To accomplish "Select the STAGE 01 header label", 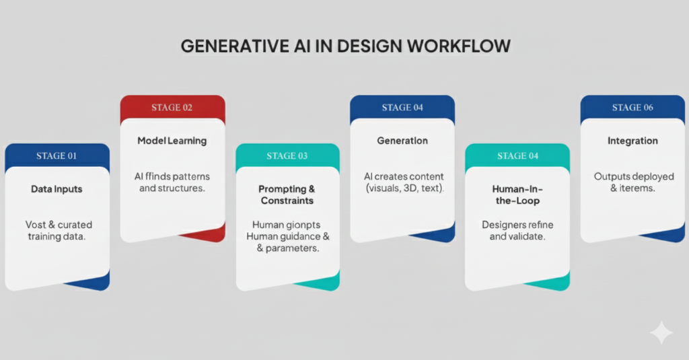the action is [57, 156].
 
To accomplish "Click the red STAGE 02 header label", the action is [172, 108].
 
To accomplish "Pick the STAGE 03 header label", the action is [287, 156].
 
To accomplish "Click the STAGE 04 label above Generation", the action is [402, 108].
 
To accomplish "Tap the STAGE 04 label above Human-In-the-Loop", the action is [517, 156].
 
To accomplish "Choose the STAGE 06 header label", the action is [632, 108].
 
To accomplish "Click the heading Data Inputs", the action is [57, 189].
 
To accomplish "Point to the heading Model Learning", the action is [172, 141].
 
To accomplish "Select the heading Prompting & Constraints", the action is [287, 194].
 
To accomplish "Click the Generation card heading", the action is [402, 141].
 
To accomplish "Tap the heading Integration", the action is [632, 141].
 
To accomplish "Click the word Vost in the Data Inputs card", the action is [35, 225].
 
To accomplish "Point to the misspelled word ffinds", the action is [159, 176].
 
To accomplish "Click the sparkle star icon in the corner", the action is [661, 332].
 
